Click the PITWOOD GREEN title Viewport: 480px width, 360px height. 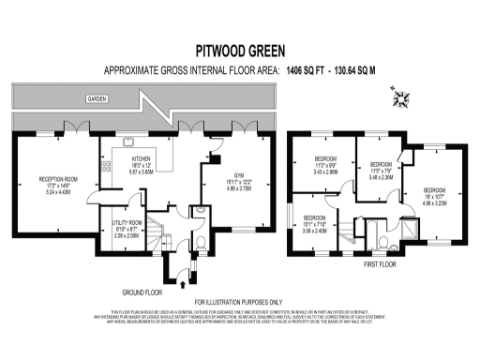click(x=239, y=49)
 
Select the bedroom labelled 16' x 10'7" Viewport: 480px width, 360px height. click(x=439, y=194)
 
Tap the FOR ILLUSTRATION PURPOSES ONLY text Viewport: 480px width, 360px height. click(x=239, y=301)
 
